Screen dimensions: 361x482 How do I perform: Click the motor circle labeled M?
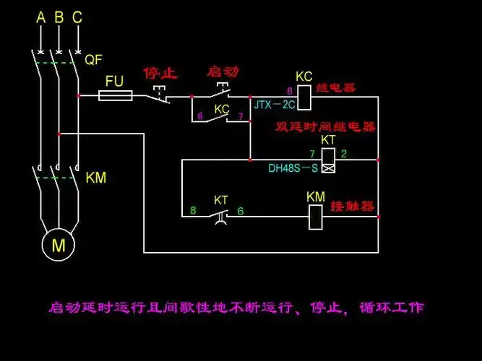coord(58,245)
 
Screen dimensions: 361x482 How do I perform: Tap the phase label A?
coord(40,17)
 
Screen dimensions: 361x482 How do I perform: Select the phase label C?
coord(77,17)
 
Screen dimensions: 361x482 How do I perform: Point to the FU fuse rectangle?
coord(115,95)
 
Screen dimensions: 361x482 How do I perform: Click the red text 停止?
coord(160,73)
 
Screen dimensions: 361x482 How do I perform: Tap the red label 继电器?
coord(338,88)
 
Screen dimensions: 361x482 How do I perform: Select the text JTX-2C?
coord(272,104)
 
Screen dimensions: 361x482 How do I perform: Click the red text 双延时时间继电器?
coord(326,126)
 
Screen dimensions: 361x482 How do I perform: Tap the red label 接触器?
coord(352,206)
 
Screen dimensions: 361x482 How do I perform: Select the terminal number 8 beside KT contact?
coord(193,211)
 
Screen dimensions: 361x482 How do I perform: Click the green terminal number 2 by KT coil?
coord(344,154)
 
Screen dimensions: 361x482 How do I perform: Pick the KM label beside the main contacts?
coord(95,177)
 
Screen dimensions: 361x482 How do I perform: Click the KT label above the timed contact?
coord(222,199)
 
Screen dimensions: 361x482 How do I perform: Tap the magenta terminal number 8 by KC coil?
coord(290,91)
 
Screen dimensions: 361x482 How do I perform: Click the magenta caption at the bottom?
coord(236,308)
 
